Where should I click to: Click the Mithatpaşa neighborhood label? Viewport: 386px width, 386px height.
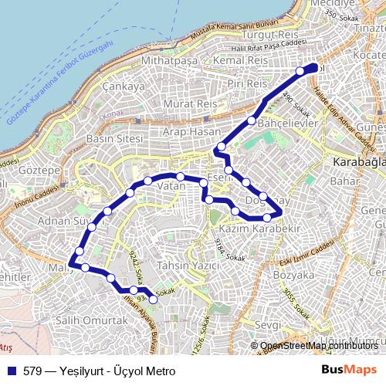(x=171, y=60)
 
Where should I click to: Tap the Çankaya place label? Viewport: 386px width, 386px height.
(x=124, y=86)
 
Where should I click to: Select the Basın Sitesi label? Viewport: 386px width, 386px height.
(x=114, y=138)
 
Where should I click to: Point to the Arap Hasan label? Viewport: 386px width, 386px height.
(x=192, y=133)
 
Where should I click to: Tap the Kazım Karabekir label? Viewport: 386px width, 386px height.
(x=259, y=229)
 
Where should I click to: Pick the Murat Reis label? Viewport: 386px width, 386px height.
(x=190, y=103)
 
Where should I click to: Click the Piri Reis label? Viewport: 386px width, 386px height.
(x=247, y=83)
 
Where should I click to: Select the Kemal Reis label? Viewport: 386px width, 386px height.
(x=240, y=59)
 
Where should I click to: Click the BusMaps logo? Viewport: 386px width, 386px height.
(x=349, y=369)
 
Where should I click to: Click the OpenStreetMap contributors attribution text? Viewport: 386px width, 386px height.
(x=319, y=346)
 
